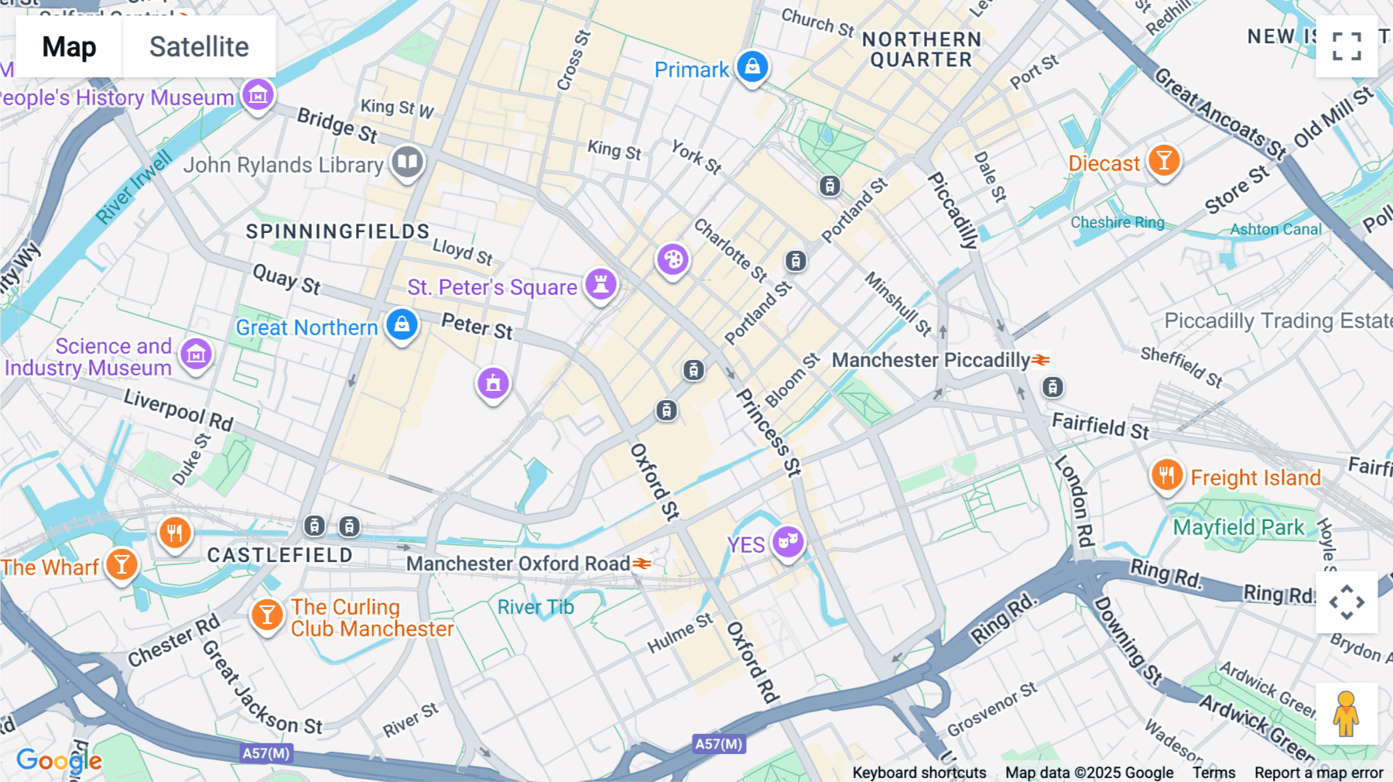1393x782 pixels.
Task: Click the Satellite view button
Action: [199, 46]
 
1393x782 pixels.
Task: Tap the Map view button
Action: [69, 46]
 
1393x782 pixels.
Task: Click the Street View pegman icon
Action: [1346, 713]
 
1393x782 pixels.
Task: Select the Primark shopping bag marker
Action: [751, 67]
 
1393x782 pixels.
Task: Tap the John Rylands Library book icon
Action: [407, 162]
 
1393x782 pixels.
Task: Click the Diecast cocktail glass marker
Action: [1163, 160]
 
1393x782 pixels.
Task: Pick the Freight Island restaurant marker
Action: [1166, 474]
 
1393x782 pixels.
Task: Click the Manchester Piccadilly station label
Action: [931, 360]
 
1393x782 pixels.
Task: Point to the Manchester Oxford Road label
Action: [519, 564]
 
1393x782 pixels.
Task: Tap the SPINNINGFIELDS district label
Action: [337, 232]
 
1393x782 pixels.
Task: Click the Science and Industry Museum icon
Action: [196, 354]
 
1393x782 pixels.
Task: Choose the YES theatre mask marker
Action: [788, 540]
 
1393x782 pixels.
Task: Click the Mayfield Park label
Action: [1238, 527]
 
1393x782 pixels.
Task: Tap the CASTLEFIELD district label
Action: [279, 555]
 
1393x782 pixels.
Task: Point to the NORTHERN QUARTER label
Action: [921, 50]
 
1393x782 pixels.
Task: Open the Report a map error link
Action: [1319, 773]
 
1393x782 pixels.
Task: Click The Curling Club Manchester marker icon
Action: [267, 615]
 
